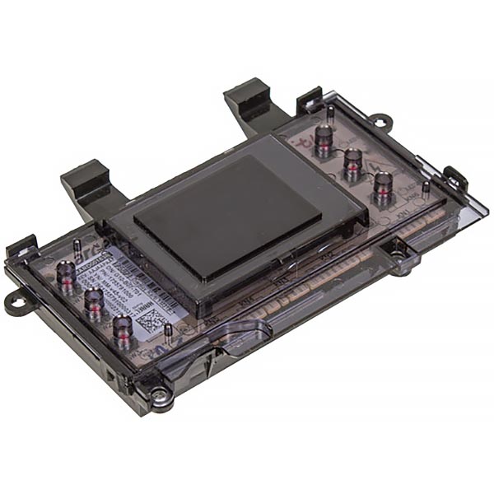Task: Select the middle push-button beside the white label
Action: pyautogui.click(x=93, y=305)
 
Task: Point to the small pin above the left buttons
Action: pyautogui.click(x=77, y=247)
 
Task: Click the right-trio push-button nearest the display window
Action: pyautogui.click(x=323, y=136)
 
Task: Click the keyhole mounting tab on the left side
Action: pyautogui.click(x=15, y=303)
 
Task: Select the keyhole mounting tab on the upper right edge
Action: pyautogui.click(x=380, y=121)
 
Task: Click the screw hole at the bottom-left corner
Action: pyautogui.click(x=161, y=403)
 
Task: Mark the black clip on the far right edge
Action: pyautogui.click(x=455, y=179)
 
